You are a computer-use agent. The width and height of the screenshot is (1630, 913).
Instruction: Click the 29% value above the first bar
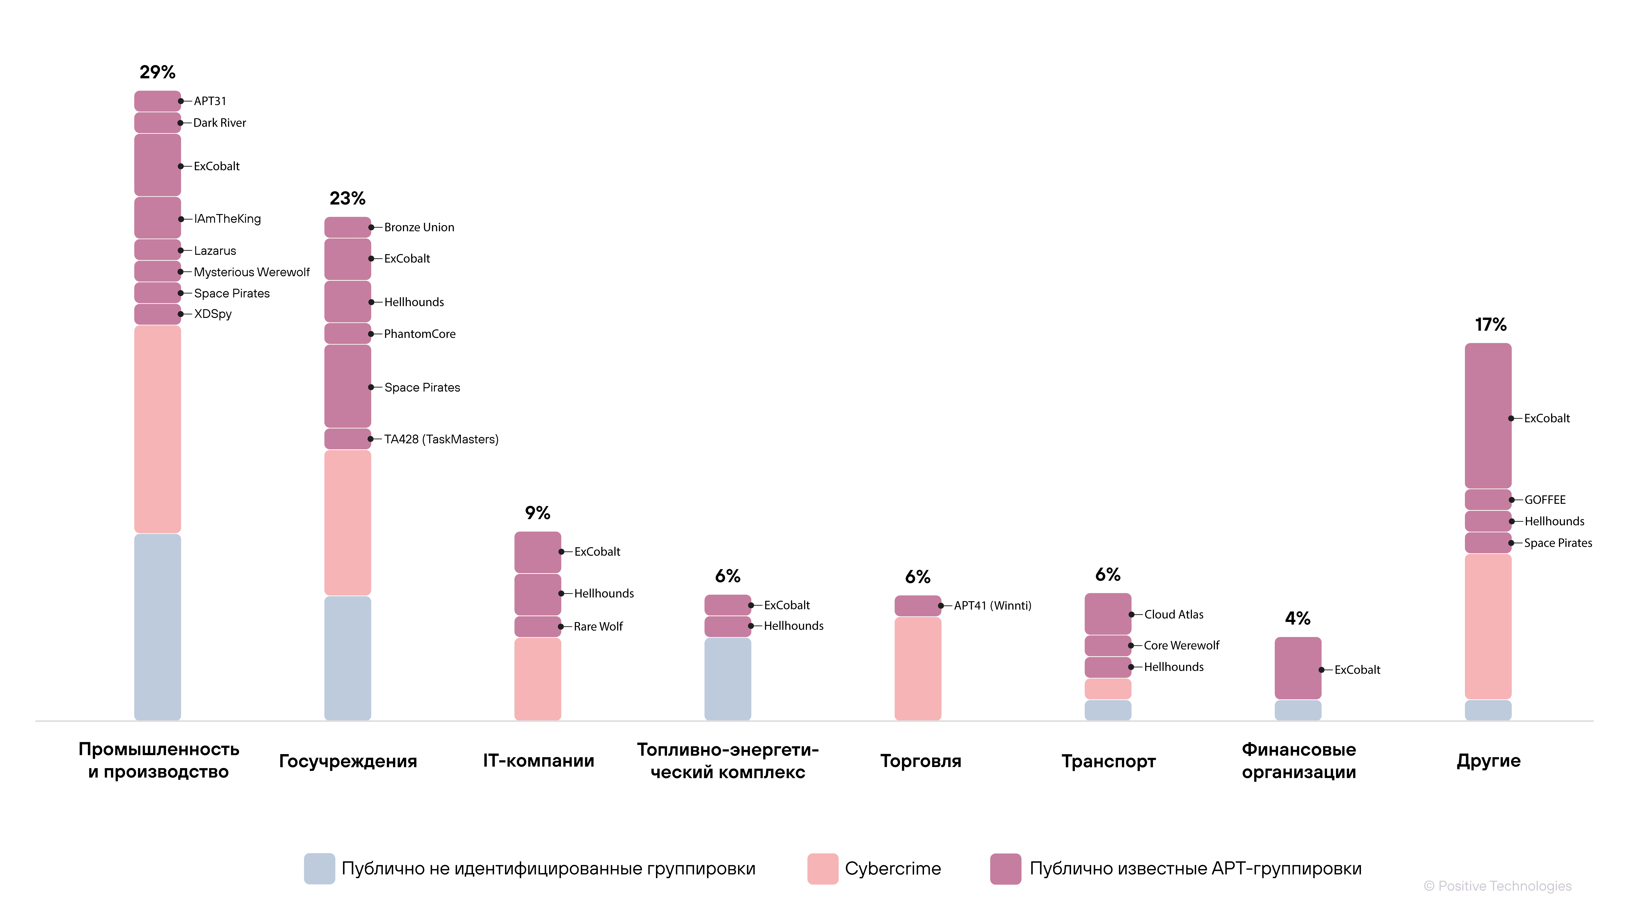[158, 72]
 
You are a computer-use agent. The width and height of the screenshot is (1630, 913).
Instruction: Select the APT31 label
[210, 101]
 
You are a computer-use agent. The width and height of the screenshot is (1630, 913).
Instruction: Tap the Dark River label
[220, 123]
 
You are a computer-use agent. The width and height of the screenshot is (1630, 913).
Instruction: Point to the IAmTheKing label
[227, 219]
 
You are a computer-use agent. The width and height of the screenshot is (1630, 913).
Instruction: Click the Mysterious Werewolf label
[252, 272]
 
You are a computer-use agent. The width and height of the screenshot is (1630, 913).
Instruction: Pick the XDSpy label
[213, 314]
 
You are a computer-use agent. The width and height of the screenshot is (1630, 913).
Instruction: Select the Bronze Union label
[419, 227]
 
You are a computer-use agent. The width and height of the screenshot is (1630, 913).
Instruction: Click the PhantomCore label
[420, 334]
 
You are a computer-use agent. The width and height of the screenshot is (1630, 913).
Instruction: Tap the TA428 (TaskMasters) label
[441, 439]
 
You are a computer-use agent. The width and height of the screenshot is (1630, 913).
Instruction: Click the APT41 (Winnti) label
[992, 605]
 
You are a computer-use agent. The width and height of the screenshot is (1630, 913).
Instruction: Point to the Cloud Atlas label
[1174, 614]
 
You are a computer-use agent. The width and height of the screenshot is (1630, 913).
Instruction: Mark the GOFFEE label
[1545, 500]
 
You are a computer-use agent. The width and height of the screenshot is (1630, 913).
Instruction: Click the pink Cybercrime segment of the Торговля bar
[917, 668]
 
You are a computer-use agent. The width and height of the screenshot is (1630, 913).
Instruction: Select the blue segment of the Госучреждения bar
[347, 658]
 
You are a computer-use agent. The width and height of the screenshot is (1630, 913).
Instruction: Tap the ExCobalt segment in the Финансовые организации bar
[1298, 668]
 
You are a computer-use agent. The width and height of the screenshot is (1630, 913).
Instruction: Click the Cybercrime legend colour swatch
[823, 869]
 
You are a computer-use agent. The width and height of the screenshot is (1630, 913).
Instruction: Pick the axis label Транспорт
[1109, 761]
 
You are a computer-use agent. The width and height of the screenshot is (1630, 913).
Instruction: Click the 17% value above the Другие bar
[1491, 325]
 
